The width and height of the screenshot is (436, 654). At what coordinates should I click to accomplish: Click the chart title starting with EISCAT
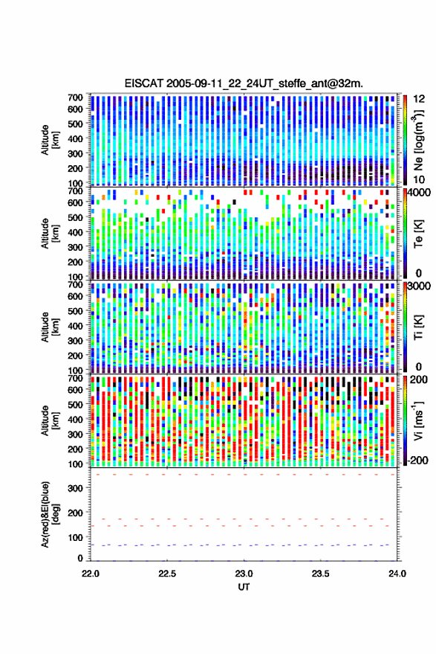click(244, 83)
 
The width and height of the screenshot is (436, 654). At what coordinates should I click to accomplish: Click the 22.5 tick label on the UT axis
click(166, 574)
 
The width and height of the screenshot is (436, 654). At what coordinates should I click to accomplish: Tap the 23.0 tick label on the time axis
click(244, 574)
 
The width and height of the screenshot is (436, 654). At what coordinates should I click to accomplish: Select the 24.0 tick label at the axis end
click(397, 574)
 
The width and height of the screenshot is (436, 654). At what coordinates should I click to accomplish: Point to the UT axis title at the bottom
click(244, 587)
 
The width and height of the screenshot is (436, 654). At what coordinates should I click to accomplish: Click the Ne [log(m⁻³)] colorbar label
click(417, 140)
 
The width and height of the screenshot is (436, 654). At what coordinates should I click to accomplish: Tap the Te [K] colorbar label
click(418, 234)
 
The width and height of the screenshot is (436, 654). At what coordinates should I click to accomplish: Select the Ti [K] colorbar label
click(418, 327)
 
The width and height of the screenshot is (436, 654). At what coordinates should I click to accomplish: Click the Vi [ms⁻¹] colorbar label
click(417, 420)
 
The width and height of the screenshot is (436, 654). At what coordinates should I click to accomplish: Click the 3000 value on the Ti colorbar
click(419, 286)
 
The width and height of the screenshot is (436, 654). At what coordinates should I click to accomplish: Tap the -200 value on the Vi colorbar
click(417, 461)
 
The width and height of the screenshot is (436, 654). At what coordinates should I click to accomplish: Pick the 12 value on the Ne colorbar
click(419, 99)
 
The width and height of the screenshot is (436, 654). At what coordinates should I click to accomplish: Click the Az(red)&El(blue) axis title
click(50, 514)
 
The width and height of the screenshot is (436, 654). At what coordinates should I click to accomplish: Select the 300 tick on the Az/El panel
click(76, 488)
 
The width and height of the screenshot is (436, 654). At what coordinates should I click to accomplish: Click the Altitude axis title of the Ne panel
click(49, 140)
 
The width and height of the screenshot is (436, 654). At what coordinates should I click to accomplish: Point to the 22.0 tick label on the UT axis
click(91, 574)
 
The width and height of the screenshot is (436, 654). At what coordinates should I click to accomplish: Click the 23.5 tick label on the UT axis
click(320, 574)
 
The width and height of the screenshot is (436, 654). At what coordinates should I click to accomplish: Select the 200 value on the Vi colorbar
click(418, 379)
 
